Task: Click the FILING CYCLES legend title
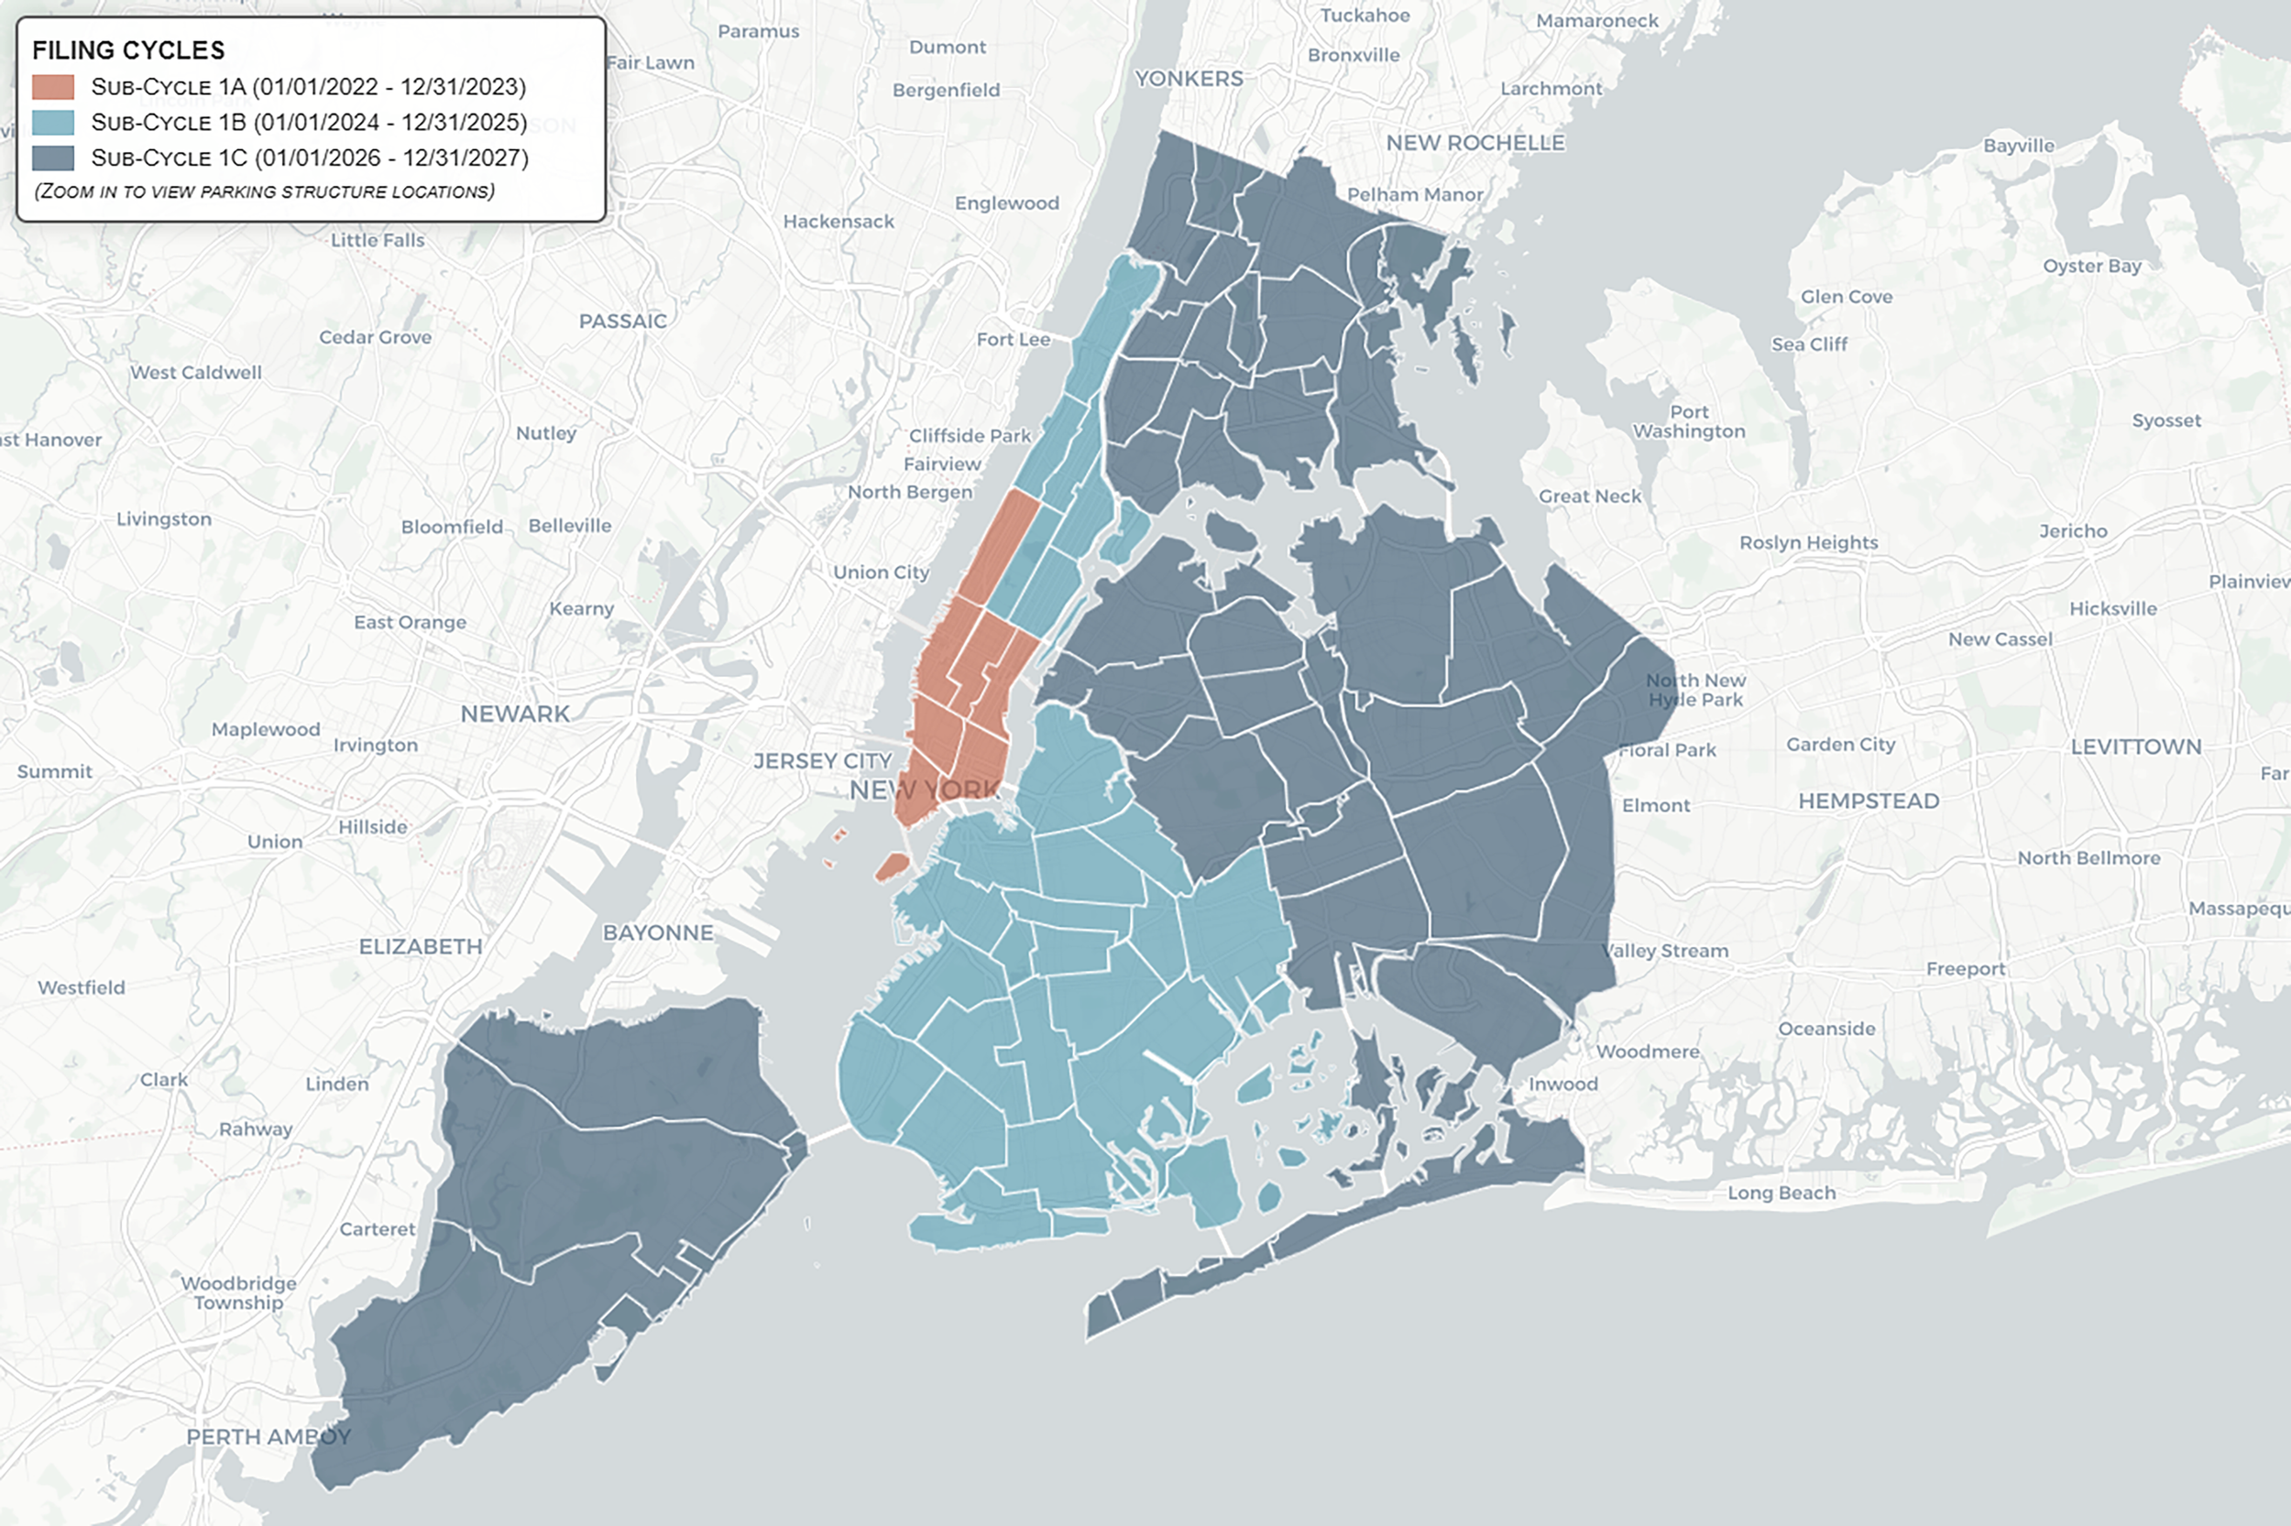point(128,50)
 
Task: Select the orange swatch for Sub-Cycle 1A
point(52,88)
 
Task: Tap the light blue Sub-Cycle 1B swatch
point(52,123)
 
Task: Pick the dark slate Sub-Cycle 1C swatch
point(52,158)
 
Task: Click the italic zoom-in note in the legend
point(264,191)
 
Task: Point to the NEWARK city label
point(515,714)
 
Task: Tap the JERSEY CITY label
point(823,761)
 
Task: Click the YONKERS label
point(1189,79)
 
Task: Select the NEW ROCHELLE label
point(1475,143)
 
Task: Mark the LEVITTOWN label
point(2135,747)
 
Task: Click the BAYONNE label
point(658,933)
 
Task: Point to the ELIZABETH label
point(421,947)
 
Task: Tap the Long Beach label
point(1781,1194)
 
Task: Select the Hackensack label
point(839,222)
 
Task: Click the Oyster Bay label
point(2092,266)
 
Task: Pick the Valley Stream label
point(1667,951)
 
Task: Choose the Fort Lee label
point(1014,340)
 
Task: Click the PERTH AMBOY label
point(269,1437)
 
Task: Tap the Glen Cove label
point(1846,297)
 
